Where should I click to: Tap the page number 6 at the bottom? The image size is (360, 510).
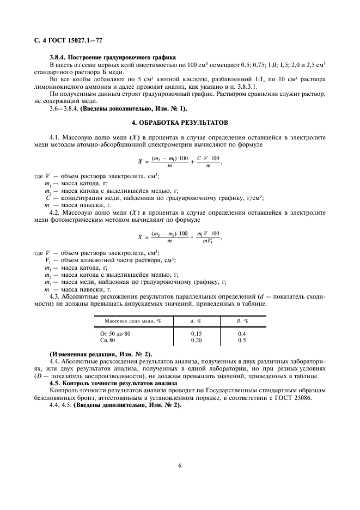180,465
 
